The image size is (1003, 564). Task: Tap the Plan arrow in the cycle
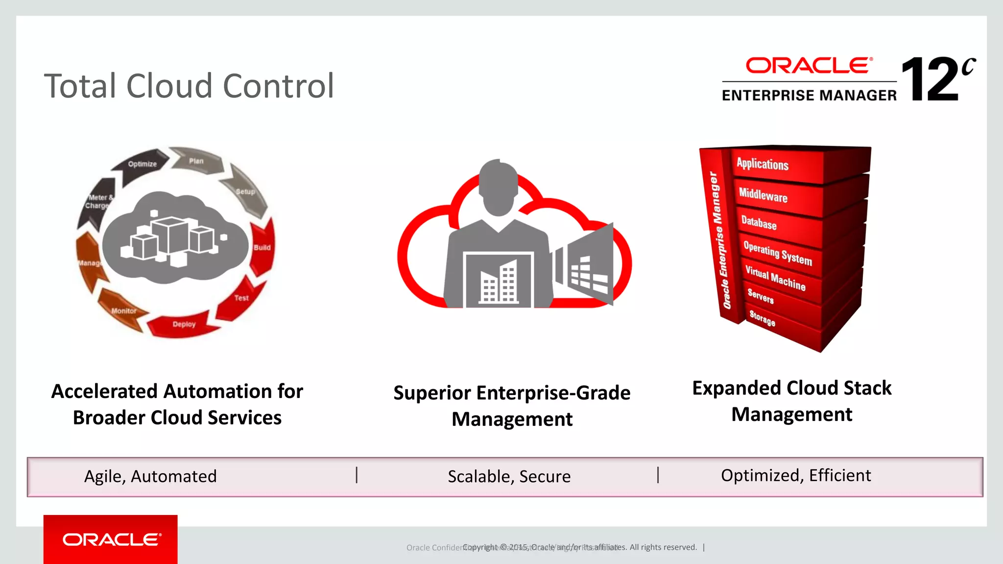point(196,161)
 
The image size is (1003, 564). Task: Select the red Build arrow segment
point(262,247)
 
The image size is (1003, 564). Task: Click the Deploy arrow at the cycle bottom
point(184,324)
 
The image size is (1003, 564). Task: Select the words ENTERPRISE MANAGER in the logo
point(809,95)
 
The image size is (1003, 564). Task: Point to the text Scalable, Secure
point(509,476)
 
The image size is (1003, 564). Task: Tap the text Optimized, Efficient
point(796,475)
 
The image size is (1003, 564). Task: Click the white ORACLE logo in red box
point(111,540)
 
